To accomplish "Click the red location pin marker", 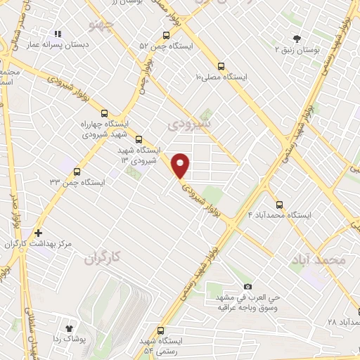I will [x=181, y=166].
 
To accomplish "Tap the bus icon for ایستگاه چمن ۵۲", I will [x=165, y=35].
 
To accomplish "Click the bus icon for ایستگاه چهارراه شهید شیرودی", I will [x=104, y=112].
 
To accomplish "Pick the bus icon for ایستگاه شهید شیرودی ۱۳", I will [x=139, y=139].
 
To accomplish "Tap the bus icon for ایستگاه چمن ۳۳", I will [x=77, y=171].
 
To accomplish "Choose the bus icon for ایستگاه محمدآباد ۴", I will [x=279, y=205].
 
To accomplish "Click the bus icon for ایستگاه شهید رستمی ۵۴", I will [x=161, y=330].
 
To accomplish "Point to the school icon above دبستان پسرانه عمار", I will [x=58, y=33].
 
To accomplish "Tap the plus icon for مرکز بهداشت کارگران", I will [x=38, y=233].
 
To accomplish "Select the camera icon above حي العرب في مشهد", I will [x=247, y=286].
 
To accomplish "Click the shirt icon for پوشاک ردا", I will [x=69, y=328].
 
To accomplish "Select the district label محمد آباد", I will [x=318, y=260].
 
